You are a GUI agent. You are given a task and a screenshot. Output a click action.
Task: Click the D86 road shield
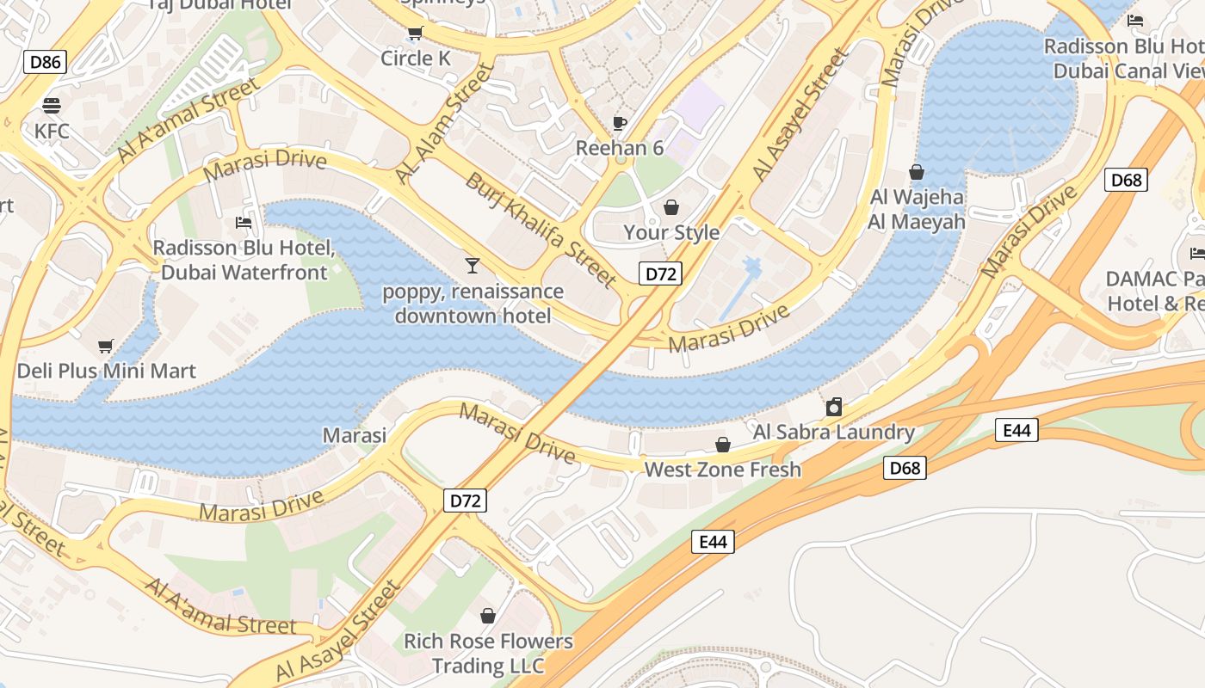(45, 61)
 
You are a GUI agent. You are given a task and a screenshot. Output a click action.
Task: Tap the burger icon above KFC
(52, 106)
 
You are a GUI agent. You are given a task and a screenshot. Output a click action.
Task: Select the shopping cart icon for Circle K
(415, 34)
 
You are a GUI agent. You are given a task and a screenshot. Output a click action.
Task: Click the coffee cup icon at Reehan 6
(619, 123)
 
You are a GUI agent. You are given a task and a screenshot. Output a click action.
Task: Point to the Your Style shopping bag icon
(671, 207)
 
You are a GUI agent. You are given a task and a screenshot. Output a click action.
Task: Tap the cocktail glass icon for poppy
(472, 265)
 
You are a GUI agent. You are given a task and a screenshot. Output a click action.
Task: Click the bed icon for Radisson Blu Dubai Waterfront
(244, 223)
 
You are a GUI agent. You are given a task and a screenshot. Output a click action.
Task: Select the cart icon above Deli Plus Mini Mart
(106, 346)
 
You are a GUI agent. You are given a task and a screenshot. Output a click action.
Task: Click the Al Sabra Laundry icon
(833, 407)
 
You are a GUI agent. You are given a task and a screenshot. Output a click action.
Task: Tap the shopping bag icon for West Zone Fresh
(723, 445)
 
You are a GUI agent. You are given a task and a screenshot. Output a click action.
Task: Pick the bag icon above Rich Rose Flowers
(488, 616)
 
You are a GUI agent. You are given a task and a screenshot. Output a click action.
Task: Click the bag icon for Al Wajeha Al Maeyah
(917, 172)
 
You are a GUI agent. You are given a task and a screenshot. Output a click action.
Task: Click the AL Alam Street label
(445, 123)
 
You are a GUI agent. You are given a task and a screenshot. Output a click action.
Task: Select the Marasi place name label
(355, 435)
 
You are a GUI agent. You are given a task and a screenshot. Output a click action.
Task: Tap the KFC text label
(52, 132)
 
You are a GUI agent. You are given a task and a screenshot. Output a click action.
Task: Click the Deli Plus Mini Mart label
(107, 372)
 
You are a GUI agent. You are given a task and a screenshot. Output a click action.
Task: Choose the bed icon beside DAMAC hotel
(1196, 253)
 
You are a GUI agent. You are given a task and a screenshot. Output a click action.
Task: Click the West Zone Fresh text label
(722, 470)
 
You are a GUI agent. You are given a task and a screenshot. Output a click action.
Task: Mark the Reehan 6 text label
(619, 148)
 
